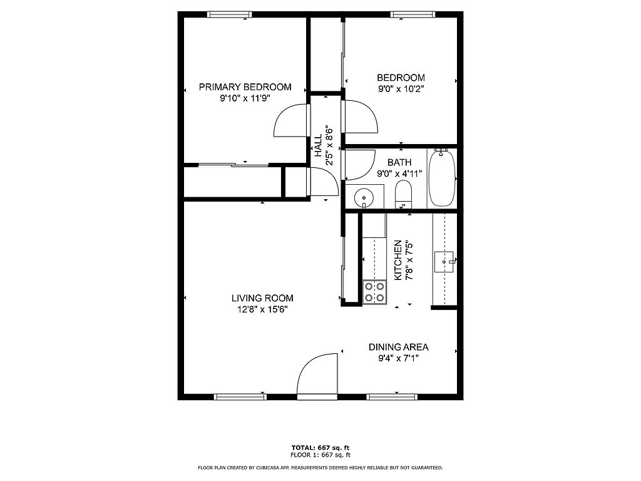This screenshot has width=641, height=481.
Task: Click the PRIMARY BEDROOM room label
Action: (245, 86)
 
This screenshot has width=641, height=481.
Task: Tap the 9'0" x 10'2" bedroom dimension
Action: (401, 88)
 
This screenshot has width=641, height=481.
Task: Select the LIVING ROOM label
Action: (262, 298)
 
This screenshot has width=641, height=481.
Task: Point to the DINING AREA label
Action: (399, 347)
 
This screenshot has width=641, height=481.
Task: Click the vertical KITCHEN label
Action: (397, 260)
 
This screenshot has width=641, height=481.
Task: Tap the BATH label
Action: (399, 162)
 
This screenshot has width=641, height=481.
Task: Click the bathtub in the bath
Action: (441, 178)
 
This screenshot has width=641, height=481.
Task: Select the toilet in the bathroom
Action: (404, 194)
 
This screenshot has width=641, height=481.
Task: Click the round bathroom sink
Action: (363, 197)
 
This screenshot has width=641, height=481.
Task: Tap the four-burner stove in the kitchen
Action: (375, 292)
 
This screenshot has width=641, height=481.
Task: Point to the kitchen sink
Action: (444, 262)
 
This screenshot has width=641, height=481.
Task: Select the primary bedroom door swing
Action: (291, 120)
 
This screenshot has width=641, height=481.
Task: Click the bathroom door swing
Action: (360, 165)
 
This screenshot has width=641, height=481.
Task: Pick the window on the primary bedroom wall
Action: (229, 15)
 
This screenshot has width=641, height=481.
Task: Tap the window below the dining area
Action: (392, 396)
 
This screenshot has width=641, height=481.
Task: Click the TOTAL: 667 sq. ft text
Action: (320, 448)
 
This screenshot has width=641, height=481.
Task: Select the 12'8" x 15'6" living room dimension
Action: (262, 309)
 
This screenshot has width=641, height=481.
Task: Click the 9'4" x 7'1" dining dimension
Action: (399, 359)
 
